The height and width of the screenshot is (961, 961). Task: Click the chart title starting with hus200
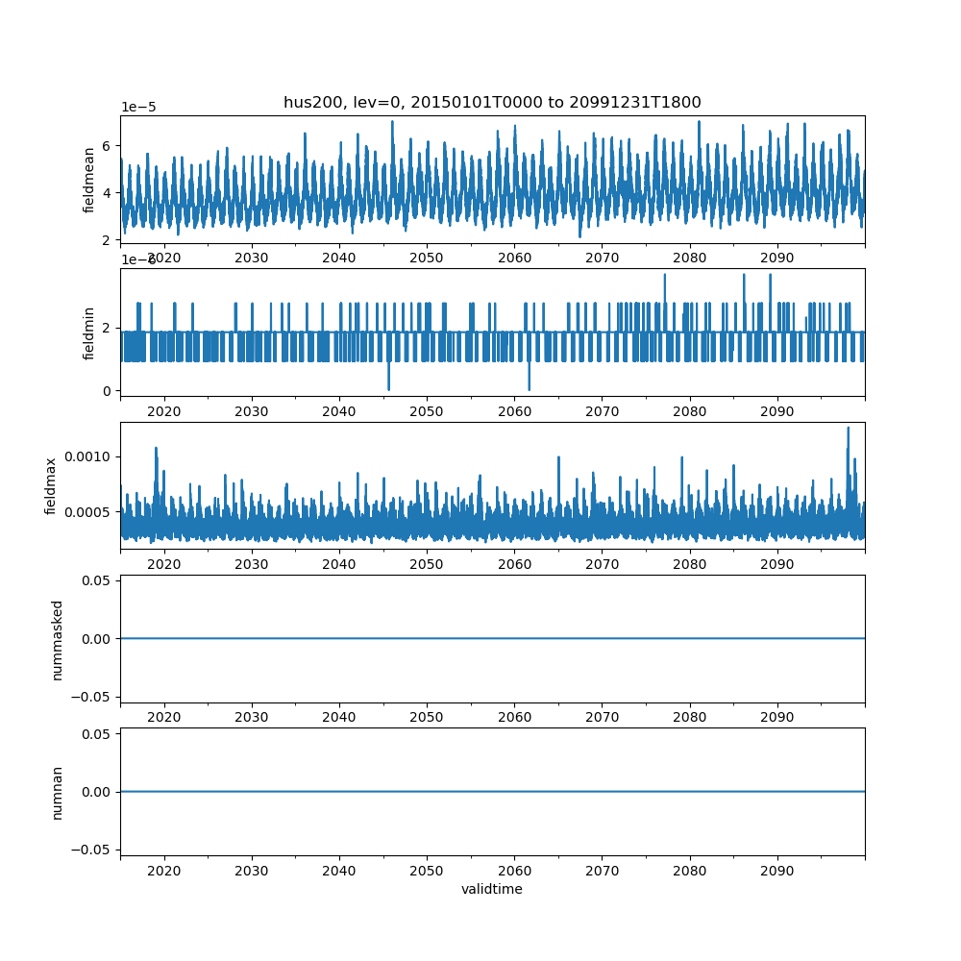click(492, 102)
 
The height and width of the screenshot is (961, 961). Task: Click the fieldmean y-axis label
click(89, 180)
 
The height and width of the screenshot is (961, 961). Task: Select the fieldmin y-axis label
click(89, 333)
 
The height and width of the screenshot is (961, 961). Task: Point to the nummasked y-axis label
click(57, 639)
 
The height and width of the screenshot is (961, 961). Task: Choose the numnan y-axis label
click(57, 792)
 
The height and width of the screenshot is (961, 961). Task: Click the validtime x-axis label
click(492, 890)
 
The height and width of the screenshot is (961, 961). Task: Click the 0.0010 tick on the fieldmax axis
click(88, 456)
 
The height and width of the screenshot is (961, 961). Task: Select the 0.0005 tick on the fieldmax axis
click(88, 511)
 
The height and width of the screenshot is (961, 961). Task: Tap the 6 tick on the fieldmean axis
click(108, 146)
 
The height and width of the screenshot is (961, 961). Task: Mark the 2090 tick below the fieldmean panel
click(776, 258)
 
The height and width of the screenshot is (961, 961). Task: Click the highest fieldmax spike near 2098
click(848, 429)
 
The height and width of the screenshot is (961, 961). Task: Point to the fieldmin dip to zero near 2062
click(529, 388)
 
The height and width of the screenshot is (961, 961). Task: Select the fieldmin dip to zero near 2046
click(388, 388)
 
